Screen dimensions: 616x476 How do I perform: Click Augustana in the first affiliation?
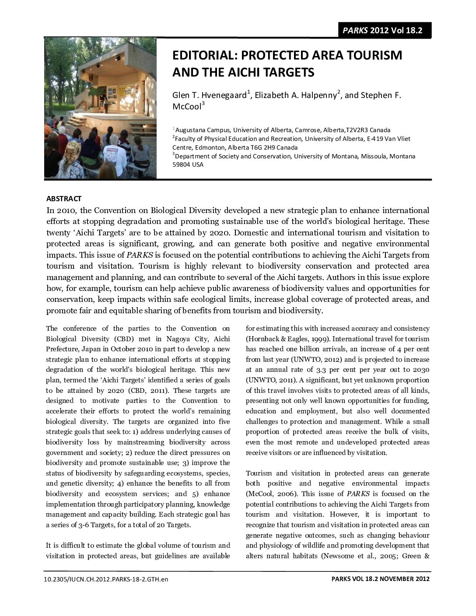189,130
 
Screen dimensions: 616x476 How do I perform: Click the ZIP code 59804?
181,164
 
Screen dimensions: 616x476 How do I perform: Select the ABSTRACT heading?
64,199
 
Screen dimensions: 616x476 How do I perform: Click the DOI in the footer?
107,579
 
